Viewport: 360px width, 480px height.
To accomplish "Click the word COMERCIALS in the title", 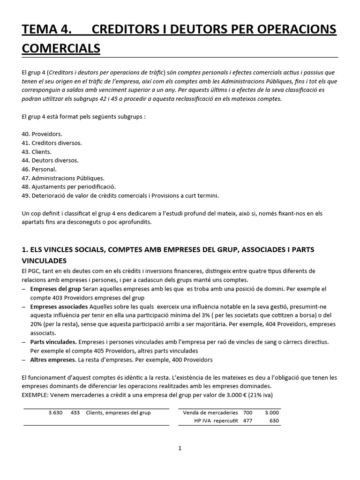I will coord(61,48).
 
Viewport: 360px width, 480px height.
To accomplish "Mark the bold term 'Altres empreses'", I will coord(53,360).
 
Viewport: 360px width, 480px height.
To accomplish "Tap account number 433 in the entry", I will coord(75,412).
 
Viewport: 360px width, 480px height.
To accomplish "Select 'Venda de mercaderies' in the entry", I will coord(210,412).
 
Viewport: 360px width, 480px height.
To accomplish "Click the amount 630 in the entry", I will coord(274,421).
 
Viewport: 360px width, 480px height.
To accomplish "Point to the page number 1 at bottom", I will coord(180,448).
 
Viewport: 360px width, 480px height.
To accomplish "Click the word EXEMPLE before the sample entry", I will coord(37,395).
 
